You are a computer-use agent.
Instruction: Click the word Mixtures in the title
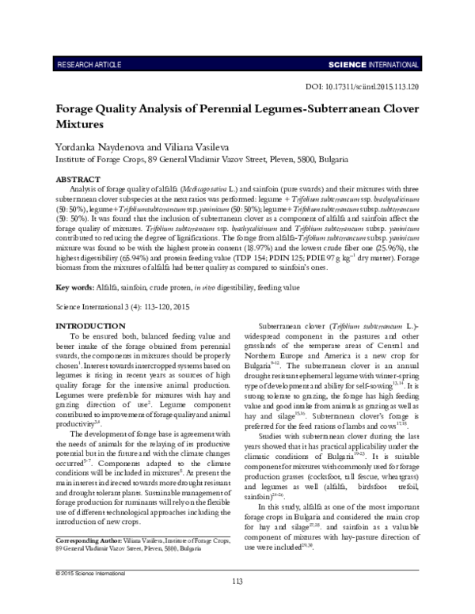[79, 124]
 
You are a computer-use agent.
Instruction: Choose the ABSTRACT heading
[78, 180]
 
